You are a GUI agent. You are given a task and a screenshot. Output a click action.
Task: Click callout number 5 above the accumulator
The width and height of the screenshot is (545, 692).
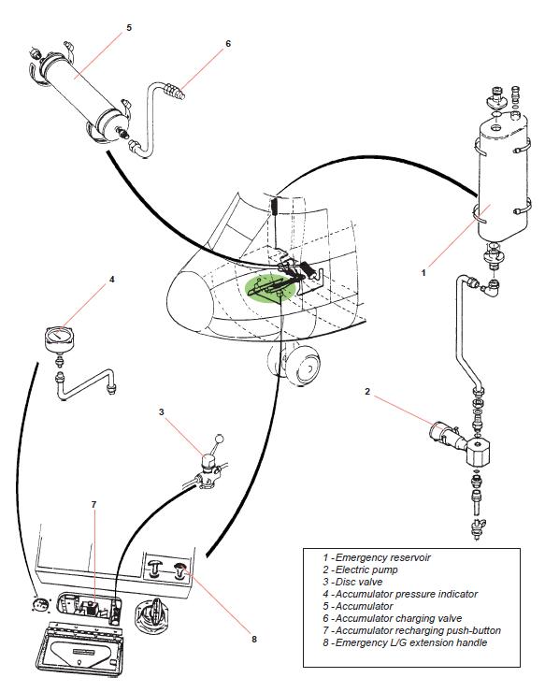tap(129, 27)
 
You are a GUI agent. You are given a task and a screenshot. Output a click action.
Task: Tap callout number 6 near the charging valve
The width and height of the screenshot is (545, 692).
tap(227, 43)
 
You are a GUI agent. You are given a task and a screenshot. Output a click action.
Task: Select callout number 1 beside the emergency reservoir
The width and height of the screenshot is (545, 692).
tap(423, 273)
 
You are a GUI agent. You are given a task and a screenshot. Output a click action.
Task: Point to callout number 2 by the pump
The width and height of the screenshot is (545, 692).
tap(367, 392)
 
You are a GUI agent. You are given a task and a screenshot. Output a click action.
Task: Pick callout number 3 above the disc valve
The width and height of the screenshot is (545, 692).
tap(161, 411)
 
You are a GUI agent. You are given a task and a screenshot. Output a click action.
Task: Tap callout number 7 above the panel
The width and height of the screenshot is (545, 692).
tap(93, 505)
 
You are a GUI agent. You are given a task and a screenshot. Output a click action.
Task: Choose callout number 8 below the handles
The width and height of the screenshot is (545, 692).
tap(252, 640)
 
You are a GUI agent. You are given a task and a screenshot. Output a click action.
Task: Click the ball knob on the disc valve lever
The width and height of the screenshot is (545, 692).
tap(220, 439)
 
